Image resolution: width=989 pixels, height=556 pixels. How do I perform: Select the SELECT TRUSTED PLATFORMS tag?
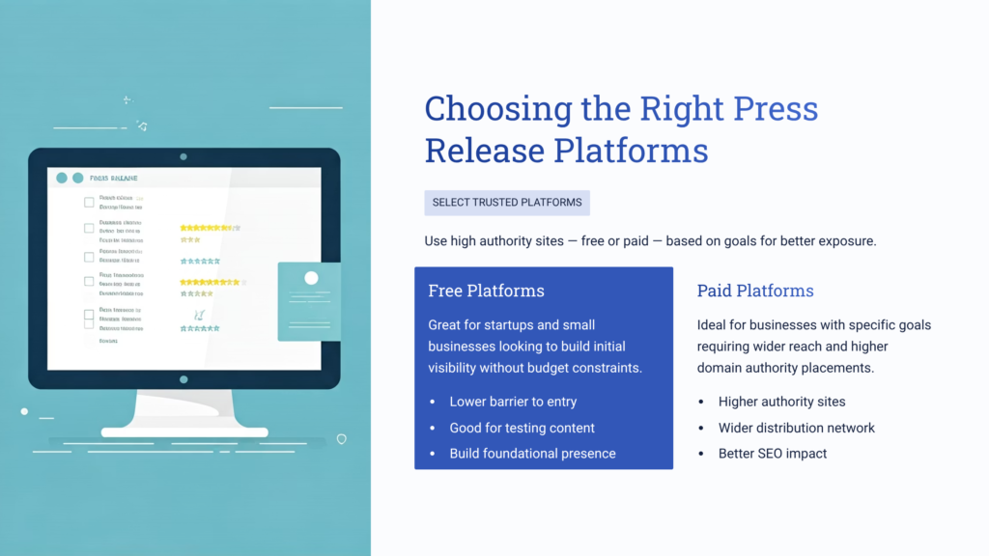(x=507, y=203)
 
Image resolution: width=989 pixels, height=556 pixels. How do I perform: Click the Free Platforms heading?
(x=486, y=291)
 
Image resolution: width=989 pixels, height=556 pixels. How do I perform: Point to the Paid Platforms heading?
(x=755, y=291)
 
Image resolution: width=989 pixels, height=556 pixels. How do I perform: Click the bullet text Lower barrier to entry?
(x=513, y=402)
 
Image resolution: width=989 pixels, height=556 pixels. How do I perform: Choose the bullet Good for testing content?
(x=522, y=428)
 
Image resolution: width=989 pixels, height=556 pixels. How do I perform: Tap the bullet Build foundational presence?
(x=532, y=454)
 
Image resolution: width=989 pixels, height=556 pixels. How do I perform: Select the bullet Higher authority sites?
(x=781, y=402)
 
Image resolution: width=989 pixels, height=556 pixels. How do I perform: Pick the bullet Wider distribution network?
(x=796, y=428)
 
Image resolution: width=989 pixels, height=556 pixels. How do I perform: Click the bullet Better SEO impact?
(x=773, y=454)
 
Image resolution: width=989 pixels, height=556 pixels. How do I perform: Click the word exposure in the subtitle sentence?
(x=844, y=241)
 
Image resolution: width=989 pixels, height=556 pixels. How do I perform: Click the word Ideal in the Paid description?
(x=713, y=325)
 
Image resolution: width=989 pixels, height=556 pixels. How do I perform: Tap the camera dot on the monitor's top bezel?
(x=184, y=156)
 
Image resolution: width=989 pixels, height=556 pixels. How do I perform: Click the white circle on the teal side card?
(x=311, y=278)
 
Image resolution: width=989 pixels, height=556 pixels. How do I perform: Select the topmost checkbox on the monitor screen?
(x=89, y=203)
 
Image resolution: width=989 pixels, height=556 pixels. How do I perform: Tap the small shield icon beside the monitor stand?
(x=341, y=438)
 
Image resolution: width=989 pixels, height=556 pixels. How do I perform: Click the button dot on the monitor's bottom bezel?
(x=184, y=379)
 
